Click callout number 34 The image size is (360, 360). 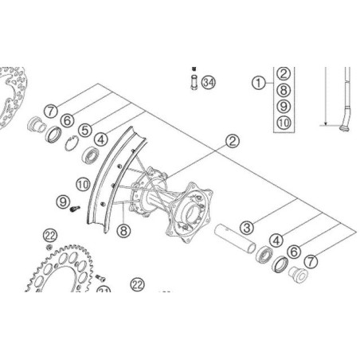click(x=209, y=82)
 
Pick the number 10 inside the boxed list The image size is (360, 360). click(x=284, y=122)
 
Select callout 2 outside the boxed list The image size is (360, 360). click(x=233, y=142)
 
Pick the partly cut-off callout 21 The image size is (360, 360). click(x=104, y=292)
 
